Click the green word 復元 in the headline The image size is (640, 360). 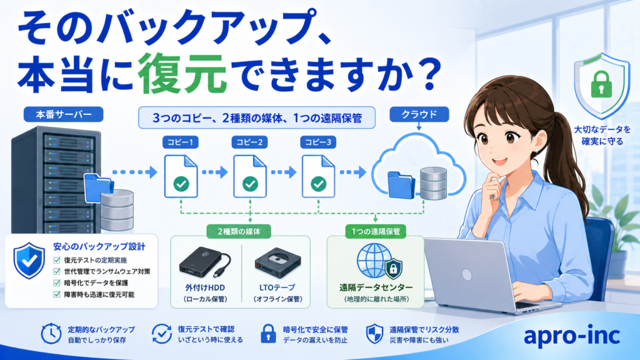point(182,74)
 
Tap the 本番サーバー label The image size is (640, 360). point(63,114)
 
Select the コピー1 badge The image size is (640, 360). point(181,142)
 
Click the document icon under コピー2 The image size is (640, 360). point(250,176)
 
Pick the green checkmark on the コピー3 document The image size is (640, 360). point(318,184)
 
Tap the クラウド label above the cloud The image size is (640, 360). point(419,114)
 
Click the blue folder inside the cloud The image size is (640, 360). point(401,185)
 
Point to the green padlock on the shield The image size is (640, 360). point(601,84)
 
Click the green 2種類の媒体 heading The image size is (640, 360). point(239,231)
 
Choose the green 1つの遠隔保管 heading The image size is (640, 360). point(376,231)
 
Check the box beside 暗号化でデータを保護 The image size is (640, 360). point(57,283)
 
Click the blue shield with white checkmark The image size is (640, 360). point(29,261)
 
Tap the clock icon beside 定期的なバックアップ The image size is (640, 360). point(51,334)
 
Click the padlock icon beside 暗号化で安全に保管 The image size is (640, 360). point(268,334)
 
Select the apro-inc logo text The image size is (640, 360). point(572,336)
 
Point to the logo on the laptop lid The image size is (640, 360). point(467,275)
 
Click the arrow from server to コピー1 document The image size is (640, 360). point(135,172)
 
